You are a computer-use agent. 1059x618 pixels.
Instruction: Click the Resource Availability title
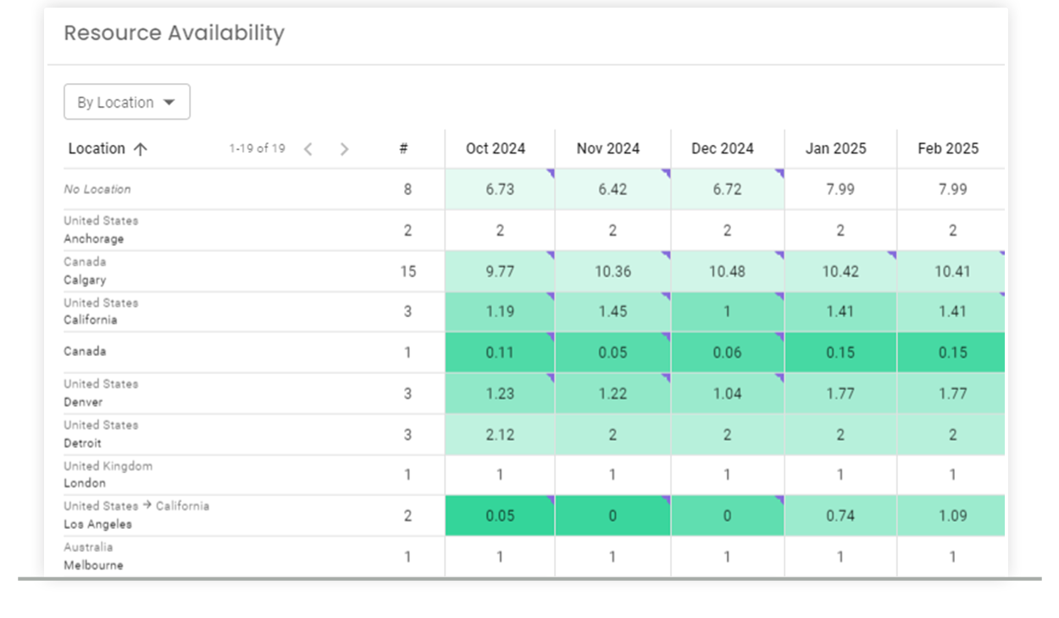pyautogui.click(x=174, y=33)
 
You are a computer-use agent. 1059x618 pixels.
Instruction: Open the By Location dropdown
pyautogui.click(x=127, y=103)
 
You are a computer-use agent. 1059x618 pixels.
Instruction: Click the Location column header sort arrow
pyautogui.click(x=141, y=149)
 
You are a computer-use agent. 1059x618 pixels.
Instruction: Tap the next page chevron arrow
pyautogui.click(x=344, y=149)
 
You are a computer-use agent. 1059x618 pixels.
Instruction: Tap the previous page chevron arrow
pyautogui.click(x=308, y=149)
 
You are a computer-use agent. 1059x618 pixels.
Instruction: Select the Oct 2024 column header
pyautogui.click(x=496, y=148)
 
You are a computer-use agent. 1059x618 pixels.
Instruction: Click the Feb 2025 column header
pyautogui.click(x=948, y=148)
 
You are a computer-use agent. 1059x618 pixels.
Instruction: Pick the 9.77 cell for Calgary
pyautogui.click(x=500, y=271)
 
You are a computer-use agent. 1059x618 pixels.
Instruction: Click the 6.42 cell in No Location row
pyautogui.click(x=613, y=189)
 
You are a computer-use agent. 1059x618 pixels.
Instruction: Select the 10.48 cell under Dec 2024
pyautogui.click(x=727, y=271)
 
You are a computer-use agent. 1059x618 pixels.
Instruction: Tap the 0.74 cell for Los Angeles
pyautogui.click(x=840, y=515)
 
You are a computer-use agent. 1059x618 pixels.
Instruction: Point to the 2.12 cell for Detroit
pyautogui.click(x=500, y=435)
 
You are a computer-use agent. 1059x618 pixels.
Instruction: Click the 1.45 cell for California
pyautogui.click(x=613, y=311)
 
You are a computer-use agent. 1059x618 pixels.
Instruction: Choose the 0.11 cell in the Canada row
pyautogui.click(x=500, y=352)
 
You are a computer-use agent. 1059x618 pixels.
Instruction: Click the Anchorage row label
pyautogui.click(x=94, y=239)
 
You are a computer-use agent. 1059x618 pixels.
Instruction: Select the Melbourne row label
pyautogui.click(x=93, y=565)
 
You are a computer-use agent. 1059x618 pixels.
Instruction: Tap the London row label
pyautogui.click(x=85, y=483)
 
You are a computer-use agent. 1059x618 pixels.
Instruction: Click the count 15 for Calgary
pyautogui.click(x=408, y=271)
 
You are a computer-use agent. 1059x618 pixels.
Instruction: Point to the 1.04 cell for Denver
pyautogui.click(x=727, y=393)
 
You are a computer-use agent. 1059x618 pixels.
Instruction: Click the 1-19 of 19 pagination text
pyautogui.click(x=257, y=148)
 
